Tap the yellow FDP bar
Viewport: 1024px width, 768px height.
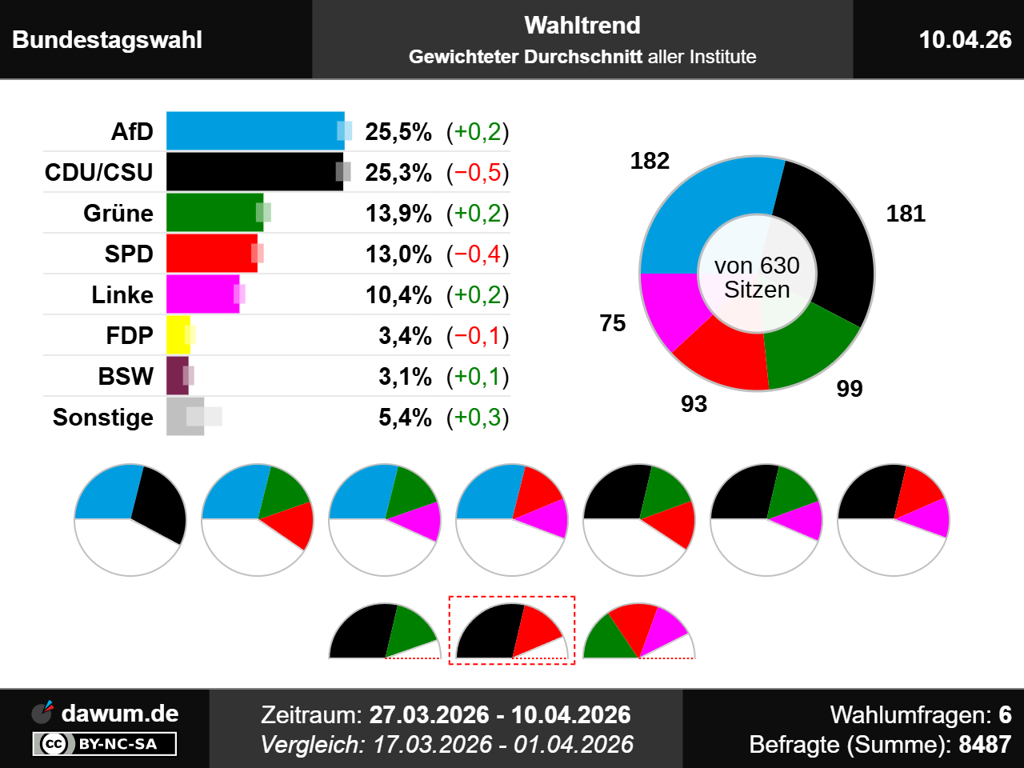[x=177, y=335]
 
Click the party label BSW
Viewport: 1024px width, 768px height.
[x=126, y=376]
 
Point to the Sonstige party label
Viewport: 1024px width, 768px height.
[x=102, y=417]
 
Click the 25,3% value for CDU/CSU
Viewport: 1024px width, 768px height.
[x=398, y=172]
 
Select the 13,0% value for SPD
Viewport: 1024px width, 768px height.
[x=398, y=254]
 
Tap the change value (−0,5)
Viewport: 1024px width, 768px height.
[x=478, y=172]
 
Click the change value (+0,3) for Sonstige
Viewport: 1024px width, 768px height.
[x=478, y=417]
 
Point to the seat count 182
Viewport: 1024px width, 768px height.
[x=650, y=161]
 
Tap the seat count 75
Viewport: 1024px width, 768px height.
[x=613, y=323]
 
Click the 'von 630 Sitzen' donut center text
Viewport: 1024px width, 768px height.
[x=757, y=278]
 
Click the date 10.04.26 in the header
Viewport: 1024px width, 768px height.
[x=965, y=39]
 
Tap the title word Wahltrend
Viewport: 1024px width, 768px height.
[x=582, y=26]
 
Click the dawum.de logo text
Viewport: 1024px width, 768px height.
[x=119, y=713]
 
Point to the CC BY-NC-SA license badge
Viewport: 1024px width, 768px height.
[x=105, y=744]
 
